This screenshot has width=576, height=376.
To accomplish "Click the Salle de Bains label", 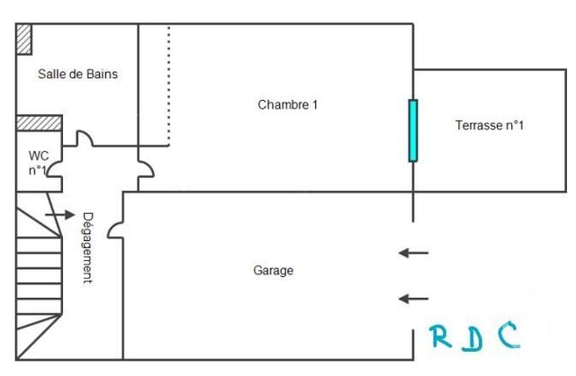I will [77, 75].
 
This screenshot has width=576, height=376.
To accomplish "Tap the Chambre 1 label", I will [288, 105].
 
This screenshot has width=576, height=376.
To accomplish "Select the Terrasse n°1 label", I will [490, 126].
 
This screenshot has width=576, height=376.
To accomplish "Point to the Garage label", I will [274, 270].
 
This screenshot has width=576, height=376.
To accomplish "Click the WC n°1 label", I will [38, 162].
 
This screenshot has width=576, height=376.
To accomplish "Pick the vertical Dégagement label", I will [87, 246].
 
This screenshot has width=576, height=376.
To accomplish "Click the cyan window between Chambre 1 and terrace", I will [413, 130].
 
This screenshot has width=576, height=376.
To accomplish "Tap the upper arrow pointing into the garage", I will [414, 254].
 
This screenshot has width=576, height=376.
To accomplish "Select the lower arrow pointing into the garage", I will [414, 299].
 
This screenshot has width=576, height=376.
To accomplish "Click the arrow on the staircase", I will [59, 216].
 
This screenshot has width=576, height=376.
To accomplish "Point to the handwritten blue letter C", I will [509, 336].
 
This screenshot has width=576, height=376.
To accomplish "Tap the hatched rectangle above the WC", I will [39, 122].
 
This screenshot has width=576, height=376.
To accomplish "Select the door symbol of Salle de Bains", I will [83, 139].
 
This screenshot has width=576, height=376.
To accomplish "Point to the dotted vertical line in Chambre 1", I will [168, 85].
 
